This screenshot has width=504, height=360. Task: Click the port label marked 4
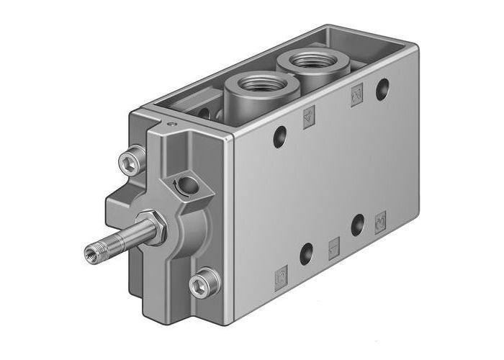pos(309,117)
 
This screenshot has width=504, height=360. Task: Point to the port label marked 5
pos(282,274)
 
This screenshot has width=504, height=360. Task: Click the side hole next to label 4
pos(279,135)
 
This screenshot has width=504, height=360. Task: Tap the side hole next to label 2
pos(382,89)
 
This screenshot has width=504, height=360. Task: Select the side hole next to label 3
pos(357,225)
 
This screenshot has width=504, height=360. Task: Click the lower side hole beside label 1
pos(307,253)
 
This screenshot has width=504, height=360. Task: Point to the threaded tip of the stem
pos(93,252)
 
